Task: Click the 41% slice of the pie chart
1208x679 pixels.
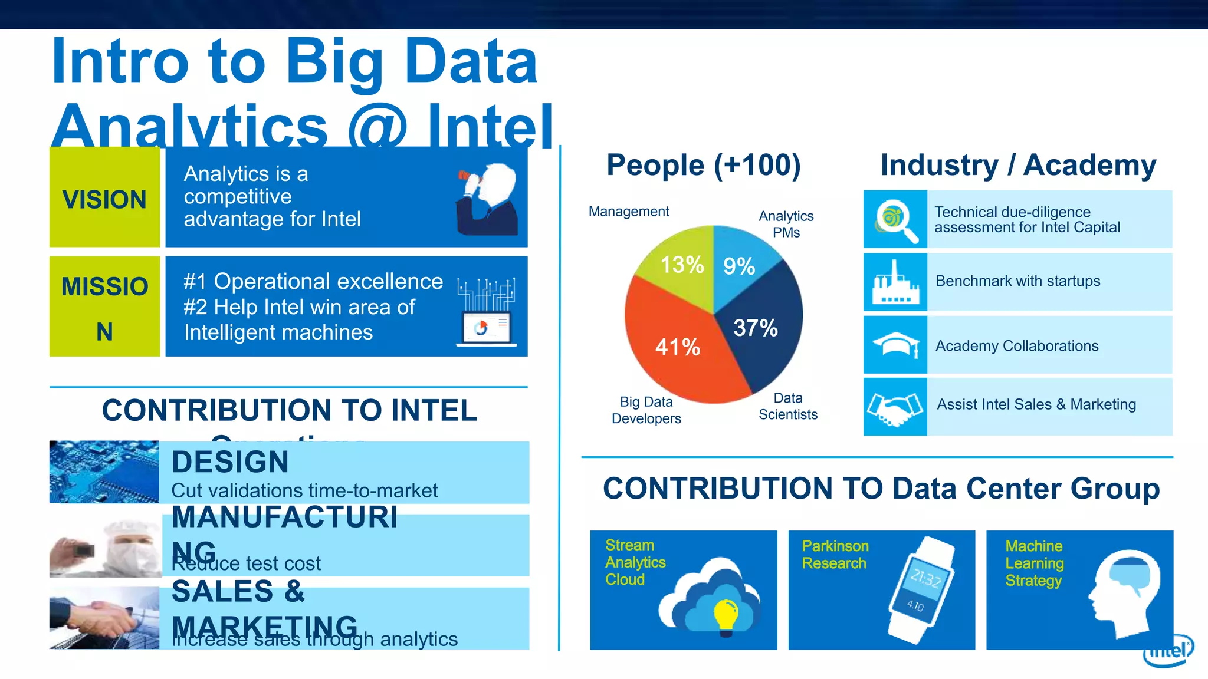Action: tap(678, 348)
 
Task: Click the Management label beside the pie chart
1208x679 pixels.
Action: tap(629, 212)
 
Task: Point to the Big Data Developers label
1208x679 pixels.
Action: tap(646, 410)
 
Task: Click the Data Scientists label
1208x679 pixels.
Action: tap(788, 407)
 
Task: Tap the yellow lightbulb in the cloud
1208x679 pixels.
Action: tap(726, 615)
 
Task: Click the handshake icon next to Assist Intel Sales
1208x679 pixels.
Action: tap(895, 407)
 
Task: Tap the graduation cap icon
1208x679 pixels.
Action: tap(895, 344)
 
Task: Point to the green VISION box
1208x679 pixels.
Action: tap(104, 197)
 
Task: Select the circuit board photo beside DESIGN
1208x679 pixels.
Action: tap(104, 472)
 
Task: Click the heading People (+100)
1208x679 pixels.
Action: tap(704, 165)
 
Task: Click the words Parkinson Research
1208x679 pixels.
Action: tap(835, 555)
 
